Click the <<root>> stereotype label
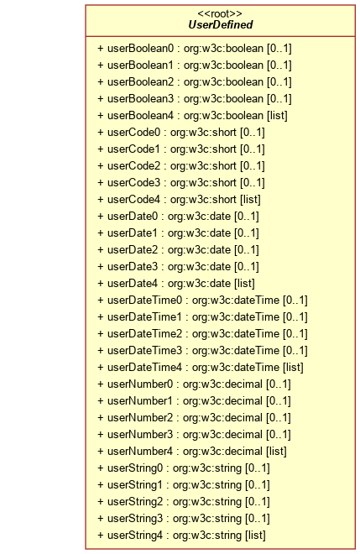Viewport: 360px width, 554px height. [220, 13]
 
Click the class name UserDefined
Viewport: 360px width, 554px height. [221, 24]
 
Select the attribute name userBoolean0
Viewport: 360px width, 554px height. [141, 48]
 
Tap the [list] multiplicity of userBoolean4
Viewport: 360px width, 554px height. [277, 116]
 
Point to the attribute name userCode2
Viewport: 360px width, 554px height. [134, 165]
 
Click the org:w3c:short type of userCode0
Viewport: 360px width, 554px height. [203, 132]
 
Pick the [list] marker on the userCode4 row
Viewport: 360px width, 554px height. [250, 200]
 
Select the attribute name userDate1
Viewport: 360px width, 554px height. [133, 233]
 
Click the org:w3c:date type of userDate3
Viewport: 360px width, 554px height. [199, 266]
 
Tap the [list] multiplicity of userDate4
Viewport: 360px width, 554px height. [244, 284]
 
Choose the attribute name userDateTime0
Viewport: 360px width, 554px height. [145, 300]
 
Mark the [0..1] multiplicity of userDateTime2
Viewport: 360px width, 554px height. [295, 334]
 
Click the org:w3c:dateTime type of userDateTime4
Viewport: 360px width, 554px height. [236, 368]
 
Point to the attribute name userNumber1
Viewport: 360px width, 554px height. [140, 401]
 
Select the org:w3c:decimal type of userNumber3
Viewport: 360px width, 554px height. [222, 435]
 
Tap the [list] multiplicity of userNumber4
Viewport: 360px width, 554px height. [276, 452]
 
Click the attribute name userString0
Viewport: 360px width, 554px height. [135, 468]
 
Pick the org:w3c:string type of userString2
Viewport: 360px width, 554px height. [207, 502]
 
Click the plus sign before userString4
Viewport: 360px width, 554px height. [101, 536]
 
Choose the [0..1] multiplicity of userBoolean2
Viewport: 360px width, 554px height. [279, 82]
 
